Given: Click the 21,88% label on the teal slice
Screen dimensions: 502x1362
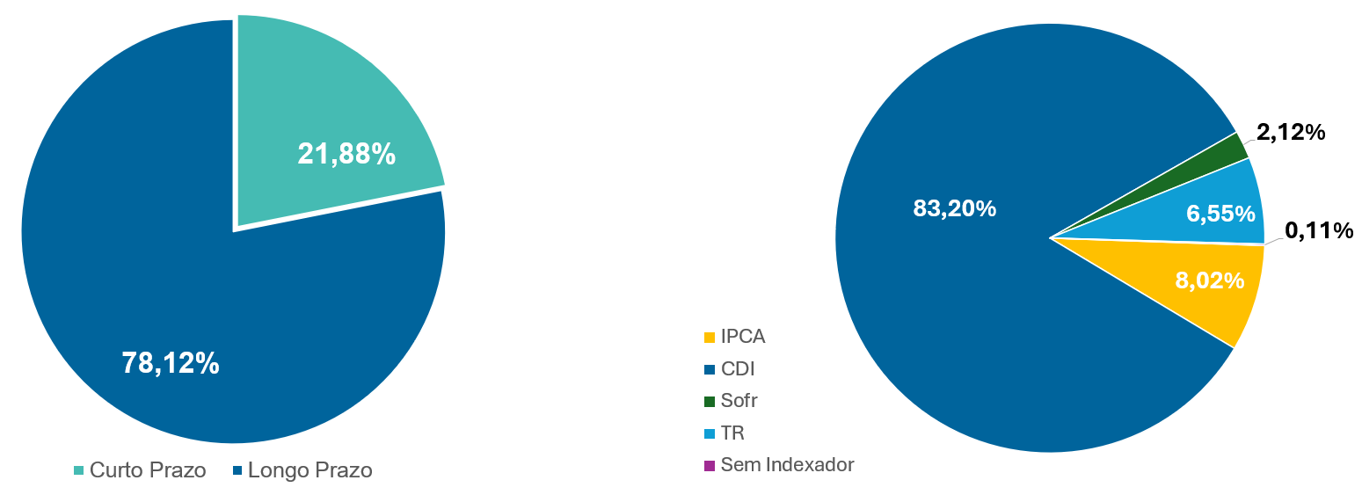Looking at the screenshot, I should pyautogui.click(x=346, y=154).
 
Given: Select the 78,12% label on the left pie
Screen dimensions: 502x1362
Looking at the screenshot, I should pyautogui.click(x=171, y=362).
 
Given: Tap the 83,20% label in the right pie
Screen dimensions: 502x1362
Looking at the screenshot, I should pyautogui.click(x=954, y=208).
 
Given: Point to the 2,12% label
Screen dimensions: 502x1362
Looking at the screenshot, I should pyautogui.click(x=1291, y=133).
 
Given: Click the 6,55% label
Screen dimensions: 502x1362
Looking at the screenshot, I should pyautogui.click(x=1220, y=212).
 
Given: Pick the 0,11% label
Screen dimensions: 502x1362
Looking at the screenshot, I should pyautogui.click(x=1318, y=230).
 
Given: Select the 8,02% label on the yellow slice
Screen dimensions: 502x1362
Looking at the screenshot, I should pyautogui.click(x=1209, y=280).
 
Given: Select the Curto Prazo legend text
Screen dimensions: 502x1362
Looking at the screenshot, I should pyautogui.click(x=148, y=470).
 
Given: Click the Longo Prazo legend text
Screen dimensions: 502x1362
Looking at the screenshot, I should pyautogui.click(x=310, y=470).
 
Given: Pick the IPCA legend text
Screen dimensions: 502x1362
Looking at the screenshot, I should pyautogui.click(x=743, y=336).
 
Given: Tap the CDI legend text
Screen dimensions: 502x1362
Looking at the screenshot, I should pyautogui.click(x=738, y=368).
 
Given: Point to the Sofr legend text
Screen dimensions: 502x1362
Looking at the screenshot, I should pyautogui.click(x=739, y=401).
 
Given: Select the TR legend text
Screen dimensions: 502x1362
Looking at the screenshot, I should pyautogui.click(x=732, y=433).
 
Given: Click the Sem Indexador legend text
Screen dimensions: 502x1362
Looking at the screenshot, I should pyautogui.click(x=787, y=464).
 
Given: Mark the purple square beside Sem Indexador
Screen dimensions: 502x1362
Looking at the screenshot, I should pyautogui.click(x=709, y=465).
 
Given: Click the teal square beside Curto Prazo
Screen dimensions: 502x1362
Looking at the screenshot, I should pyautogui.click(x=78, y=471).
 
